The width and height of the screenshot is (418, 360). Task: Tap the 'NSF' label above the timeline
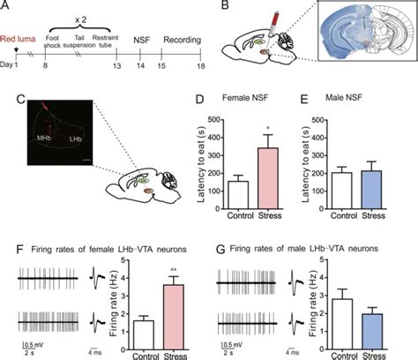[x=141, y=39]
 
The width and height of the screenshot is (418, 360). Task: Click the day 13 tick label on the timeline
[x=116, y=78]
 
